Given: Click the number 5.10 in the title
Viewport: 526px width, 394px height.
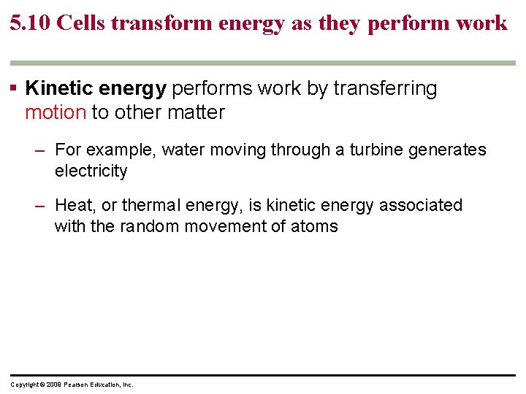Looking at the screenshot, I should tap(29, 23).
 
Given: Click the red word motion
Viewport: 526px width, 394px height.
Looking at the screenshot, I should tap(56, 112).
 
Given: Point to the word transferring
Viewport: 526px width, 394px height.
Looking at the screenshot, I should tap(385, 89).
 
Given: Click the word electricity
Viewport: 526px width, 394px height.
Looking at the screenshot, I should tap(91, 171).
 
